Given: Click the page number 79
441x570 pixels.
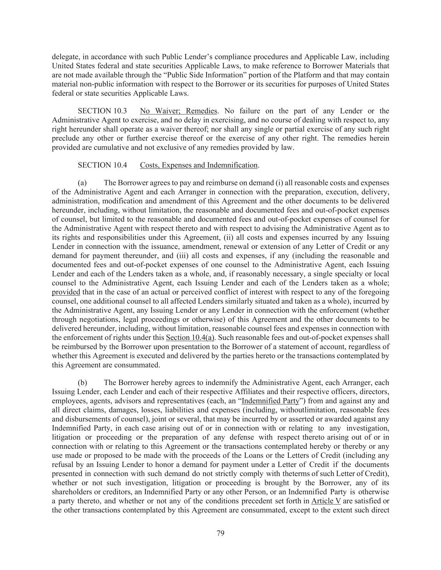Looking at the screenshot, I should tap(221, 533).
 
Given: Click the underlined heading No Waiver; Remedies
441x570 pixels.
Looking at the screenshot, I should tap(178, 111).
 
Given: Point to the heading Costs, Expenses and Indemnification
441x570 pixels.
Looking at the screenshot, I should tap(199, 165).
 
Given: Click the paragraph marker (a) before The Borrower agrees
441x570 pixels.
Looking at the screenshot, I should tap(82, 183).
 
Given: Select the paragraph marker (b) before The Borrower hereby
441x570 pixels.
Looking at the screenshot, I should tap(82, 383).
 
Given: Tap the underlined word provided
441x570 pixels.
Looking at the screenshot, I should tap(66, 292).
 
